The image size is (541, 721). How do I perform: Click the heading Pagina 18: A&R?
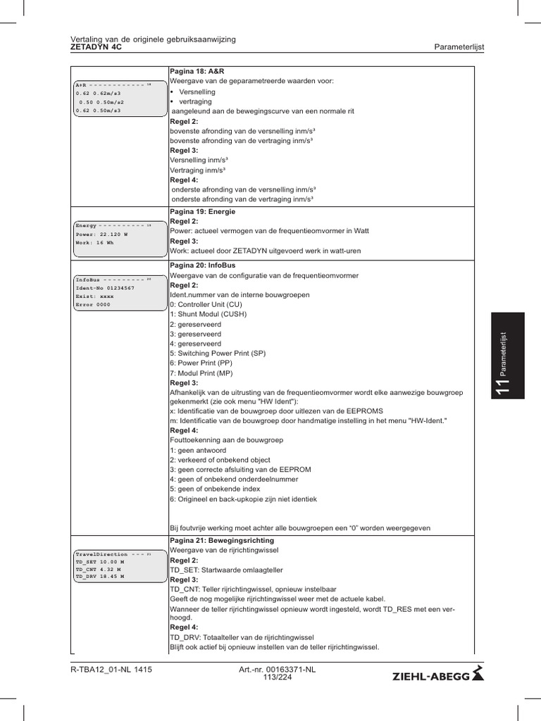coord(197,72)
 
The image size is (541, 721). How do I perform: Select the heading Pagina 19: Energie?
coord(203,211)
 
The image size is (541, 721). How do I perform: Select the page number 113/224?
coord(277,677)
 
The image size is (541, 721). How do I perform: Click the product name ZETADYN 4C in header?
coord(97,47)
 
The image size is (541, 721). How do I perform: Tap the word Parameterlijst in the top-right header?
coord(459,47)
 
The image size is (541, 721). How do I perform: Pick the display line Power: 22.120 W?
coord(101,234)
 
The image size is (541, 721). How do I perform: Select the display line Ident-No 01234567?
coord(104,288)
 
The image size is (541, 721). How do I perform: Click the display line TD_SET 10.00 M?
coord(99,563)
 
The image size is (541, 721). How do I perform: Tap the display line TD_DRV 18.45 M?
coord(99,576)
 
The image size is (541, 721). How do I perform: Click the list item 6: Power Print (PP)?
coord(201,363)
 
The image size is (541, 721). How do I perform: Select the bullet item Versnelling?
coord(197,92)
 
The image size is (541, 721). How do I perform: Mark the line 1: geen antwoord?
coord(196,449)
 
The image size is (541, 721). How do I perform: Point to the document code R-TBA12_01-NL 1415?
coord(111,670)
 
